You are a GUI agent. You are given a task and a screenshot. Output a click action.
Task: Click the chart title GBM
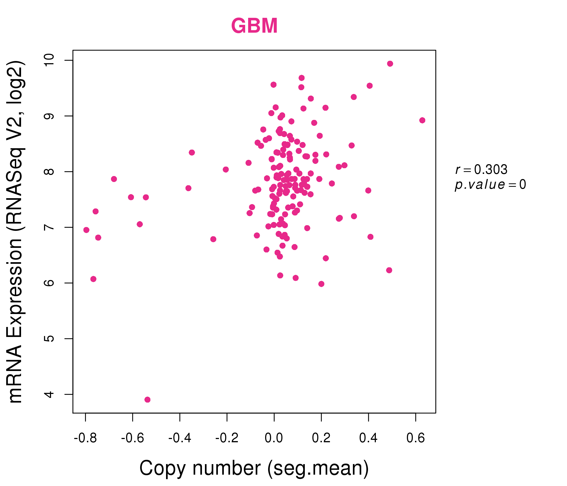[x=254, y=26]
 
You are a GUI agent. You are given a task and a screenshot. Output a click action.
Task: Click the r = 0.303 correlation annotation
[x=481, y=170]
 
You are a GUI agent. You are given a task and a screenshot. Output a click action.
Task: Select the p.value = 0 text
[x=490, y=185]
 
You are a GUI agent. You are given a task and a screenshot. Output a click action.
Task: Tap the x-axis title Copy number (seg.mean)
[x=254, y=468]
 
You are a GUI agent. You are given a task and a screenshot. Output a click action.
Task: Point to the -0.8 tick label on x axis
[x=85, y=438]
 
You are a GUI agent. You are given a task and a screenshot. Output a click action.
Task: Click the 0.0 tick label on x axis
[x=274, y=438]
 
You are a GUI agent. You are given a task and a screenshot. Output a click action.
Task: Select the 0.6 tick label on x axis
[x=416, y=438]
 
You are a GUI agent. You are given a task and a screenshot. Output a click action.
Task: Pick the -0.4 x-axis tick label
[x=180, y=438]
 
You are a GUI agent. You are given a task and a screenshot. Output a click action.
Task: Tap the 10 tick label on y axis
[x=49, y=60]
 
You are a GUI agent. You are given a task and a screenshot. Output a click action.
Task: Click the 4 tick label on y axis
[x=49, y=394]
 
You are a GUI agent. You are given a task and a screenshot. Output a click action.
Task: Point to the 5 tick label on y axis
[x=49, y=339]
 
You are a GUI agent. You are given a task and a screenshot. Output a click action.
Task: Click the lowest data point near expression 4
[x=147, y=400]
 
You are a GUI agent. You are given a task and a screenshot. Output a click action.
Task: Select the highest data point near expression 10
[x=390, y=64]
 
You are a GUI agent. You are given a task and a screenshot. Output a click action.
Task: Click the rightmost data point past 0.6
[x=422, y=120]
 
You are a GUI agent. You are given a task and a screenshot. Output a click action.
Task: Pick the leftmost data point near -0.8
[x=86, y=230]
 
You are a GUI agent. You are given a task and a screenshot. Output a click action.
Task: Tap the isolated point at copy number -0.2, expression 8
[x=226, y=170]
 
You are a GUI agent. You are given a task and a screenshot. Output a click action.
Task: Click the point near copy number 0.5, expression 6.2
[x=389, y=270]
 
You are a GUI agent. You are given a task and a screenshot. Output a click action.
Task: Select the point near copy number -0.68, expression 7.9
[x=114, y=179]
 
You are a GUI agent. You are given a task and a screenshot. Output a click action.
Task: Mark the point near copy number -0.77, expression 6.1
[x=93, y=279]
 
